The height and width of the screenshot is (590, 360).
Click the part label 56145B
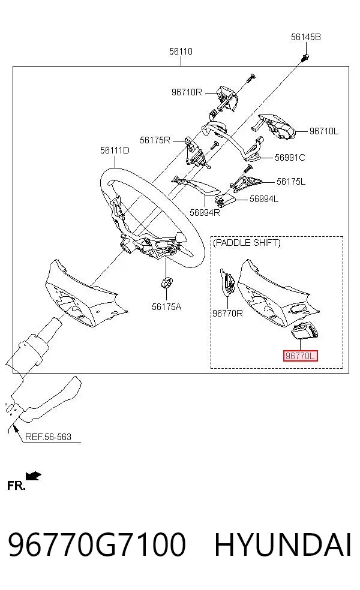pos(305,37)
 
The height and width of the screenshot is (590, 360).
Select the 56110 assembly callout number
pos(181,51)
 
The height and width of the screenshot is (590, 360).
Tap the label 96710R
pos(187,92)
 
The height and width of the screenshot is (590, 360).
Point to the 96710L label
pos(324,131)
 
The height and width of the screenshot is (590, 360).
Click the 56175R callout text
pos(155,140)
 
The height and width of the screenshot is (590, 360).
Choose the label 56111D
pos(115,150)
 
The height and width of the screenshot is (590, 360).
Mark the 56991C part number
pos(290,157)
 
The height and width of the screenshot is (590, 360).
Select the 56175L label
pos(291,181)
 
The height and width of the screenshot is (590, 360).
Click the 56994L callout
pos(264,198)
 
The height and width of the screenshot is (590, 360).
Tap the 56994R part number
pos(205,213)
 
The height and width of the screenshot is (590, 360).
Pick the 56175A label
pos(166,306)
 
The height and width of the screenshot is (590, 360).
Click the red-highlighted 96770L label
pos(301,356)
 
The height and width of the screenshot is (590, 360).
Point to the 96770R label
pos(227,313)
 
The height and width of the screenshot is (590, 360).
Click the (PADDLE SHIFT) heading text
pos(247,243)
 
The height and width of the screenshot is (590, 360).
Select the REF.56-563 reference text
pos(48,437)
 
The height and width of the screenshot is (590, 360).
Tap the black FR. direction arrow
pos(33,476)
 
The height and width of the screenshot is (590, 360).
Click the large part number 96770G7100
pos(97,544)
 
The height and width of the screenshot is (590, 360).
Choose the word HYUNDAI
pos(283,544)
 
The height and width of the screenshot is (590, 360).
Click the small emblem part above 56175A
pos(166,282)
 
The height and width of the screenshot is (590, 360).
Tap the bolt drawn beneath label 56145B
pos(306,58)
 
